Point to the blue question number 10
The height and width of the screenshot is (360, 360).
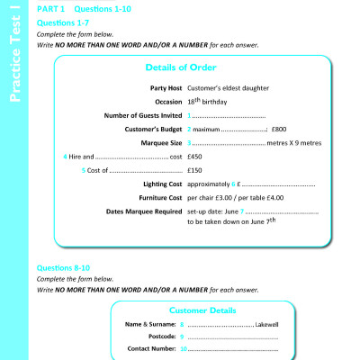[x=184, y=347]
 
